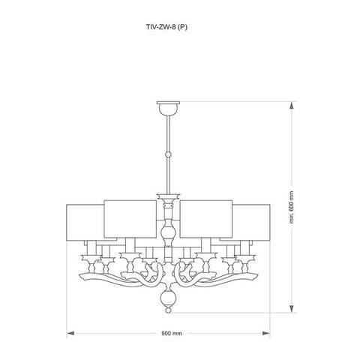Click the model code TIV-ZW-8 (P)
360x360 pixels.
point(166,27)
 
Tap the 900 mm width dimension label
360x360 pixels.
point(172,333)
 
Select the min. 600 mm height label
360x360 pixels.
point(292,207)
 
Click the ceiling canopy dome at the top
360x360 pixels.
point(168,108)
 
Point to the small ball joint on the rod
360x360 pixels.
point(168,154)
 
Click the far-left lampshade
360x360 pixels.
point(85,223)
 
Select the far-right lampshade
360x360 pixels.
point(251,223)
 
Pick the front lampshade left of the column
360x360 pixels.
point(130,218)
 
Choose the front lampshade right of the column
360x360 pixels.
point(206,218)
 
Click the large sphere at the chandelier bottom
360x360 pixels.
point(168,297)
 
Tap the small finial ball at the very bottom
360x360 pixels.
point(168,310)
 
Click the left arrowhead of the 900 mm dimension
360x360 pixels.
point(70,333)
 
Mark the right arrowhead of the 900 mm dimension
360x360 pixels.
point(266,333)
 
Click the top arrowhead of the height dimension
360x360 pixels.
point(292,106)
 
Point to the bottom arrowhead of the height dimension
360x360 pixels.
point(292,309)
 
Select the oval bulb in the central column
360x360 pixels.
point(168,231)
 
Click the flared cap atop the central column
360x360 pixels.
point(168,195)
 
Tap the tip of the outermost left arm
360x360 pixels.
point(79,275)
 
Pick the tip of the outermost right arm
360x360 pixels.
point(257,275)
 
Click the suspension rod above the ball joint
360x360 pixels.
point(168,134)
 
